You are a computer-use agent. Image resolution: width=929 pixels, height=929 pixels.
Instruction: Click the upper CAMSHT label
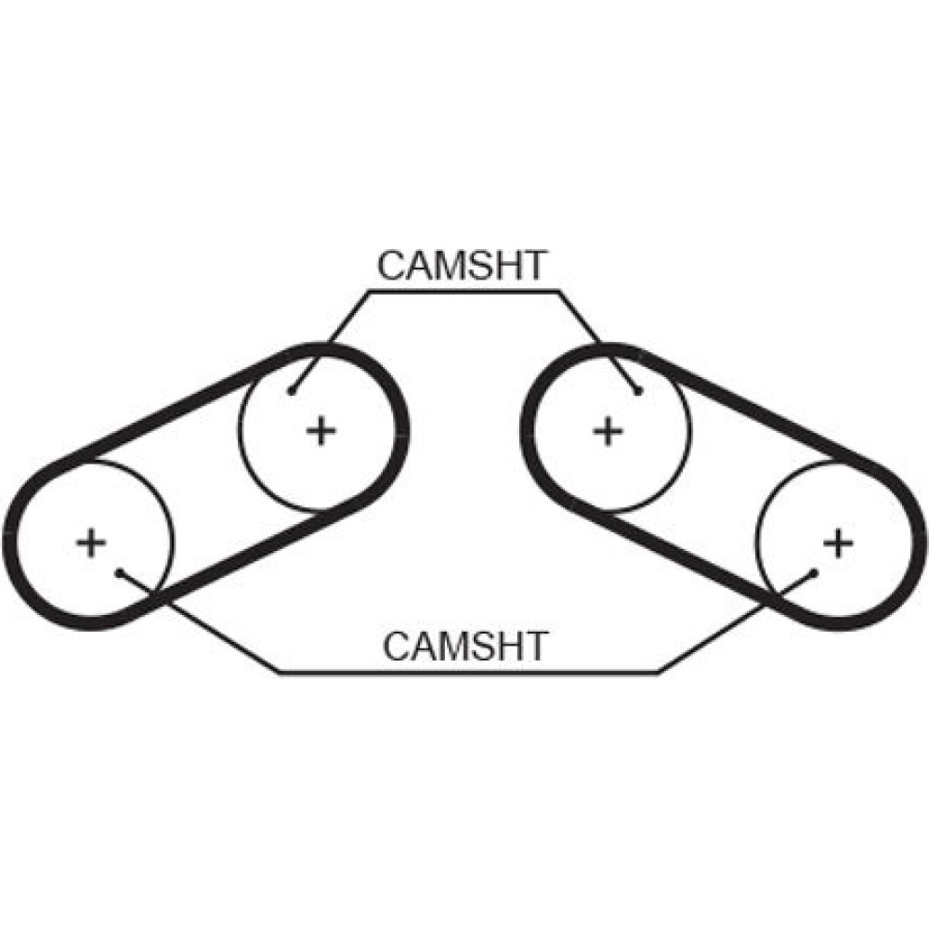point(462,267)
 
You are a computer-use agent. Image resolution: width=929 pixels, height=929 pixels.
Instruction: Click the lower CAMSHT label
point(465,646)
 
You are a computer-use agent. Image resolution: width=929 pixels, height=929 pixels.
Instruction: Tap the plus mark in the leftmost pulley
point(90,542)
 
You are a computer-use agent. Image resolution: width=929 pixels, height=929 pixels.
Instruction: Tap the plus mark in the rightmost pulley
point(838,542)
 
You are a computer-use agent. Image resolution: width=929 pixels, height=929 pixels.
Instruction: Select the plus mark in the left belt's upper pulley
point(321,430)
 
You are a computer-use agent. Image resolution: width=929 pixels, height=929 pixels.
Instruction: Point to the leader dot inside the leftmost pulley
point(120,572)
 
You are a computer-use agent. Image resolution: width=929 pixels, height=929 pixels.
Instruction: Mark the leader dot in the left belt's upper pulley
point(293,391)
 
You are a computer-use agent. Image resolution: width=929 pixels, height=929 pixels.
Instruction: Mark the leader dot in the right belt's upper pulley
point(638,391)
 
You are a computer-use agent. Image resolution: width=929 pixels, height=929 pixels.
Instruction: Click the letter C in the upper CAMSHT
point(391,267)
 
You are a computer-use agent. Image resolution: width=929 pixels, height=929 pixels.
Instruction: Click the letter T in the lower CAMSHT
point(535,646)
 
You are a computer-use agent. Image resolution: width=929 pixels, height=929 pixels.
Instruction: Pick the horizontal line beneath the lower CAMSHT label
point(464,671)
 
